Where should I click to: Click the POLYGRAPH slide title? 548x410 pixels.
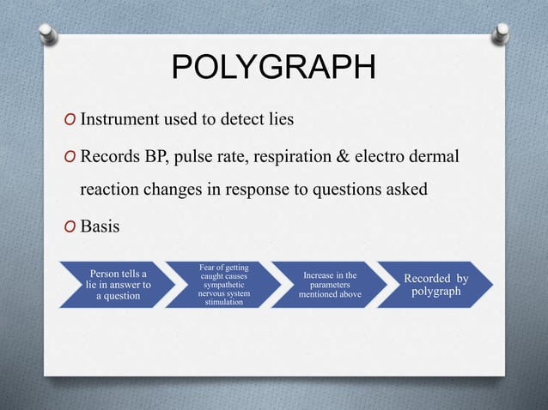coord(273,69)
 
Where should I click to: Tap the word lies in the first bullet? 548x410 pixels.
coord(278,119)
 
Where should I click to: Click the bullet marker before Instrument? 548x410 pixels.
coord(70,120)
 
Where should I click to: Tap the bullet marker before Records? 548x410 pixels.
coord(70,159)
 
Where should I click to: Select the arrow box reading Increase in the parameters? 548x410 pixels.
coord(329,285)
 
